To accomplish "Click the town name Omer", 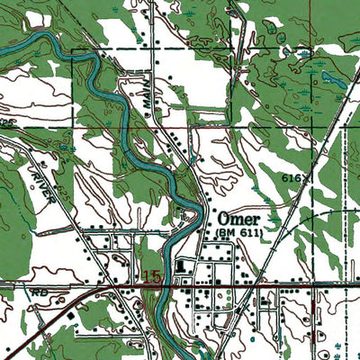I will [x=237, y=220].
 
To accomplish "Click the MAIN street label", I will [x=148, y=107].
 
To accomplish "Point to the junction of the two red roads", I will [x=108, y=286].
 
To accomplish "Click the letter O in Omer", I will [x=220, y=220].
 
